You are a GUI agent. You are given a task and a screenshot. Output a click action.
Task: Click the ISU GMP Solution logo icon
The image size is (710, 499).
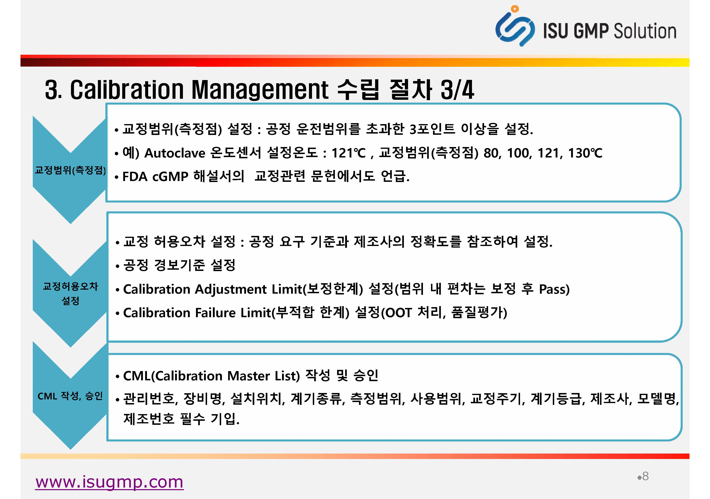coord(515,26)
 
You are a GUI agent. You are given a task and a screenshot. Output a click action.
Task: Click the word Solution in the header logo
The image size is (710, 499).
coord(645,31)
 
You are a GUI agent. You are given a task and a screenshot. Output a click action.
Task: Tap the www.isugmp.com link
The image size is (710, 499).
coord(110,482)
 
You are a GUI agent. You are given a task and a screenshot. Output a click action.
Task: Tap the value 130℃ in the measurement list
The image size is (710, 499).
coord(585,153)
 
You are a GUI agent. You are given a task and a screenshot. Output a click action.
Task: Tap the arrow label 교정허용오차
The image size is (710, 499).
coord(71,286)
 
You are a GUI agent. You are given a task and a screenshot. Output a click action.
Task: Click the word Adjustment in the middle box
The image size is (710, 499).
coord(230,289)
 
